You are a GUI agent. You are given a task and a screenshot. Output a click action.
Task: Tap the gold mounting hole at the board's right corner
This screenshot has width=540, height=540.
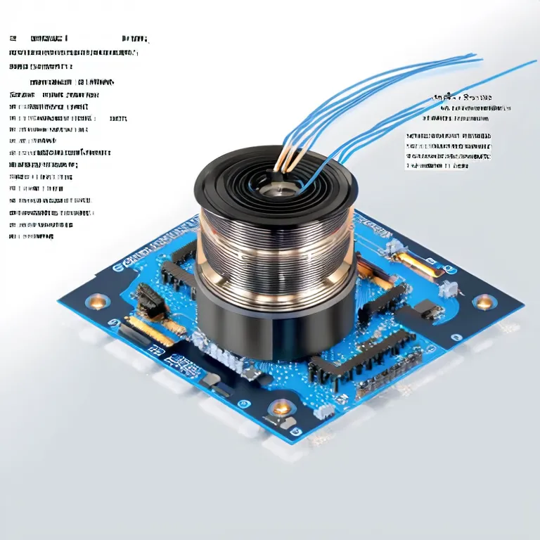484,302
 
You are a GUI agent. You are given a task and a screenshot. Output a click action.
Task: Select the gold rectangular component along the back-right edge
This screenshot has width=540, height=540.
423,266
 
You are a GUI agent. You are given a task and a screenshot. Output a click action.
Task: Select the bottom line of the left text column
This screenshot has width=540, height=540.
32,238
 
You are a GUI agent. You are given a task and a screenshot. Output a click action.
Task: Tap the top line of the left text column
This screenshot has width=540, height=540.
77,39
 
